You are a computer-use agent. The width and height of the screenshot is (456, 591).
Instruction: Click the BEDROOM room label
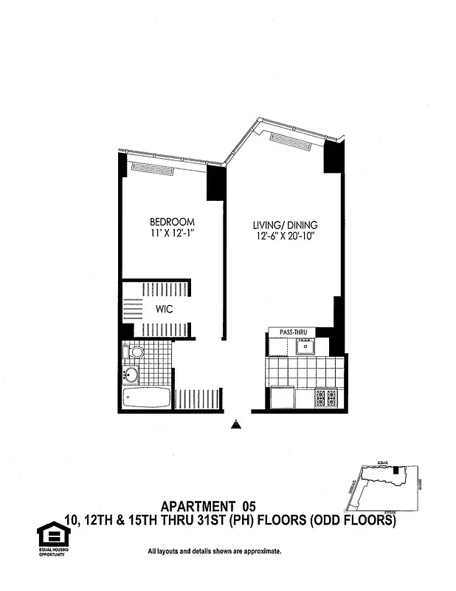pos(172,222)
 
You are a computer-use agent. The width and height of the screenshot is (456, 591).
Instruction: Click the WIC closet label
pos(165,310)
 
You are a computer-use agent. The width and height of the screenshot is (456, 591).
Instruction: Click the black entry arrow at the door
pos(235,425)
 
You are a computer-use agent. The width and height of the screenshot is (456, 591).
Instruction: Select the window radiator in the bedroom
pos(153,168)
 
